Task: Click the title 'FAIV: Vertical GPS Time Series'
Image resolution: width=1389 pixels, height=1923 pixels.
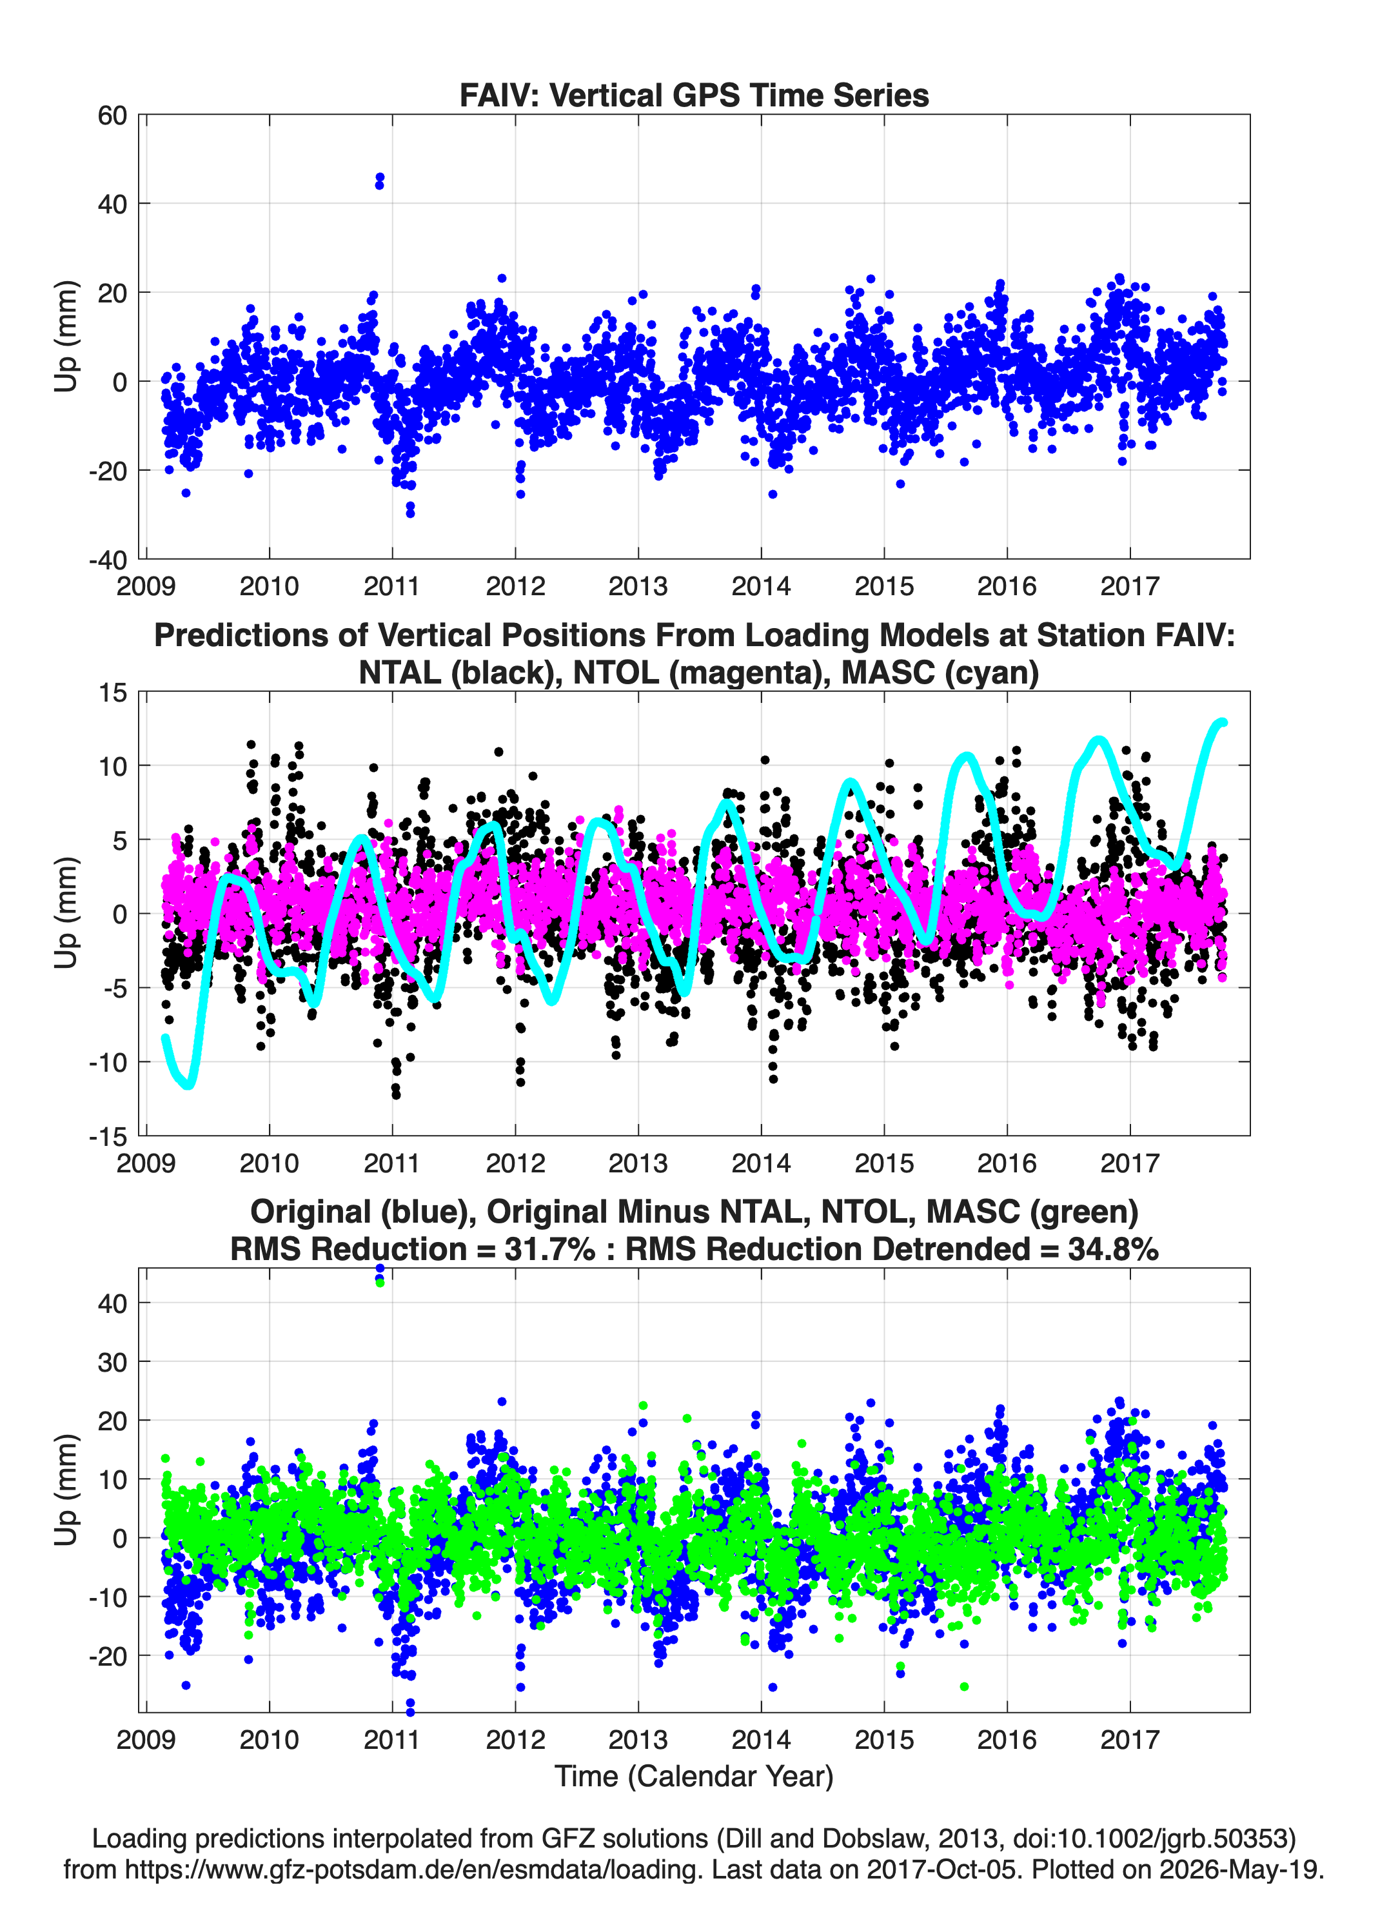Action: point(694,95)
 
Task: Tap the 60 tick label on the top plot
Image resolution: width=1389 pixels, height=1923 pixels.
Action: point(112,115)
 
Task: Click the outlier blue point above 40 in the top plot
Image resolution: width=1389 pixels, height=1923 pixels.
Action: point(379,181)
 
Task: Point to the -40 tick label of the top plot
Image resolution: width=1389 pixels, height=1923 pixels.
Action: point(108,560)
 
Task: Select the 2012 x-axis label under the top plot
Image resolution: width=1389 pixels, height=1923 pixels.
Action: point(515,586)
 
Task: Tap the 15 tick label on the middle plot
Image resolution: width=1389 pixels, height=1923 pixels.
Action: point(113,693)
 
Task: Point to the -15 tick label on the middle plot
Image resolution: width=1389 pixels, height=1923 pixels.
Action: point(108,1136)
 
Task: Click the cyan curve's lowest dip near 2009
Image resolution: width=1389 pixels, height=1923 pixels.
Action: point(188,1085)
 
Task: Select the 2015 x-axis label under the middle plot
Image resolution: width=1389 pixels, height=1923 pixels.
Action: point(883,1163)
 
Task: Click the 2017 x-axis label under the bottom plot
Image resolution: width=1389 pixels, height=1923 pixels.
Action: point(1130,1739)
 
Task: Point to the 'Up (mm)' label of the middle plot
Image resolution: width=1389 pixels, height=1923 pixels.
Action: point(66,913)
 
